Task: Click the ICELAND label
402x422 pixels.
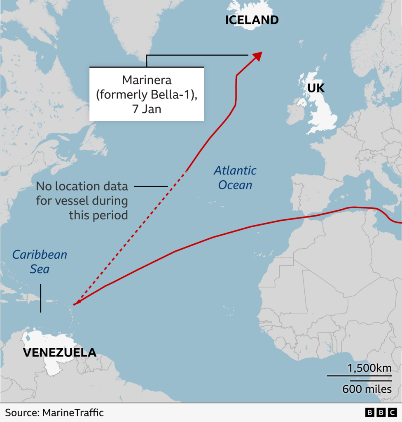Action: click(252, 20)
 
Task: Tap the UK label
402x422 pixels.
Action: click(316, 88)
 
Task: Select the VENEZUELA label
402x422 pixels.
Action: click(59, 352)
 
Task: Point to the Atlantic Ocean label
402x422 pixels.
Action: click(235, 177)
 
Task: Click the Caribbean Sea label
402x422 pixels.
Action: click(40, 262)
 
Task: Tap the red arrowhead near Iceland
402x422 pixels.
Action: click(257, 56)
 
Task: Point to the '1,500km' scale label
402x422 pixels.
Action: click(369, 368)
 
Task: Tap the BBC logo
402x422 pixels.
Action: click(380, 413)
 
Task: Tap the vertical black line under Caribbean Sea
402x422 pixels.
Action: click(40, 298)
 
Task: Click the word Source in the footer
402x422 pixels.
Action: click(21, 413)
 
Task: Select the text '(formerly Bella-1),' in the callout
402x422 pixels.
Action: click(147, 94)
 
